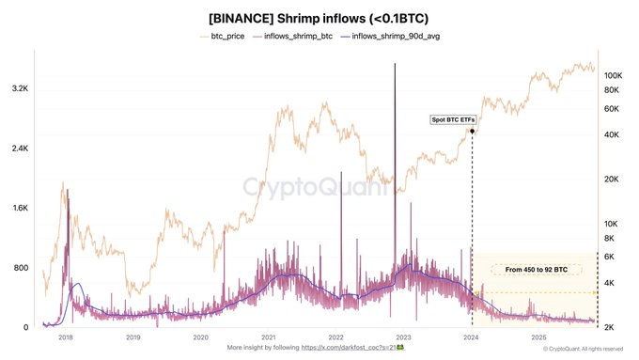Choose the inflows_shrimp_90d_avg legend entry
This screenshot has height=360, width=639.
point(396,36)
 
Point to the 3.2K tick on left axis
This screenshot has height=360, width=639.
point(19,88)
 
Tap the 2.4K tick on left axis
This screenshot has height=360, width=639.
point(19,149)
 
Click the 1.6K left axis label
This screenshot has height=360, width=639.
point(19,208)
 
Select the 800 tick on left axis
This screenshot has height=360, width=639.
point(21,268)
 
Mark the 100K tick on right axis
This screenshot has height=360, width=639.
point(614,75)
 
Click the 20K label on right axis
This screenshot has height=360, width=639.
point(612,180)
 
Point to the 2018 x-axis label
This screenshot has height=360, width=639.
point(66,336)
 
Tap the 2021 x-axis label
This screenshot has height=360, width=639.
point(269,336)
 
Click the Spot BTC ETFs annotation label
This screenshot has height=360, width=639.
point(449,120)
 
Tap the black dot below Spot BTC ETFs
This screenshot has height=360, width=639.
point(472,132)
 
